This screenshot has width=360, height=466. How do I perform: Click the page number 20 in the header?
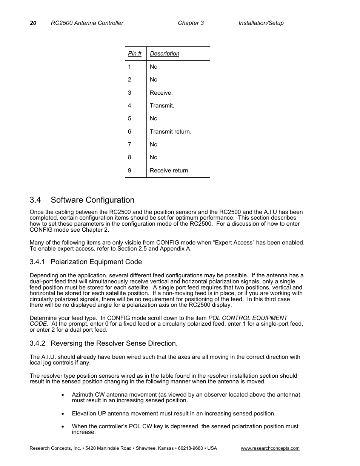[33, 23]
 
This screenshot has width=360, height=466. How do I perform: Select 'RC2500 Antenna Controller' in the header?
[87, 23]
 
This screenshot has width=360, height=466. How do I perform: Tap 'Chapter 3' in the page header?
[191, 23]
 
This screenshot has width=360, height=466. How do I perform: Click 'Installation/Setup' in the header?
[261, 23]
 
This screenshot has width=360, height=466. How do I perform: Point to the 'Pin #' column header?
[135, 54]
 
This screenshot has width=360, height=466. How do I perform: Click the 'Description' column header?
[165, 54]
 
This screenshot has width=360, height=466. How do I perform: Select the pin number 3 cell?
[129, 93]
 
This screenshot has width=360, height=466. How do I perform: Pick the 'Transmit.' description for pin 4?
[162, 106]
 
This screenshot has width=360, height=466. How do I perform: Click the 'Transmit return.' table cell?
[170, 132]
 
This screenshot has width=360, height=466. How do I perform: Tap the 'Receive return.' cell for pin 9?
[169, 171]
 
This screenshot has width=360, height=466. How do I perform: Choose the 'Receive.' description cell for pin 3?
[161, 93]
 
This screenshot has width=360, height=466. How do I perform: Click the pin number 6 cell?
[129, 132]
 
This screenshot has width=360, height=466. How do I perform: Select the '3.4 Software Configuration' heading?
[82, 200]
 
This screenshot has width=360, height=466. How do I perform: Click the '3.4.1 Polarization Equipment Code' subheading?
[86, 262]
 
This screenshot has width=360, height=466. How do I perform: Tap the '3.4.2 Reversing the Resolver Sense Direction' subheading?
[103, 343]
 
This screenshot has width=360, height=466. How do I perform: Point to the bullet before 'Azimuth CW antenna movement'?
[63, 395]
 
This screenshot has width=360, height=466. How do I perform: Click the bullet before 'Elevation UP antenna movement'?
[63, 414]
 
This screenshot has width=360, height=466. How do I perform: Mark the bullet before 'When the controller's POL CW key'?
[63, 427]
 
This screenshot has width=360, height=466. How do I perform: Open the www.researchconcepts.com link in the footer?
[270, 448]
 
